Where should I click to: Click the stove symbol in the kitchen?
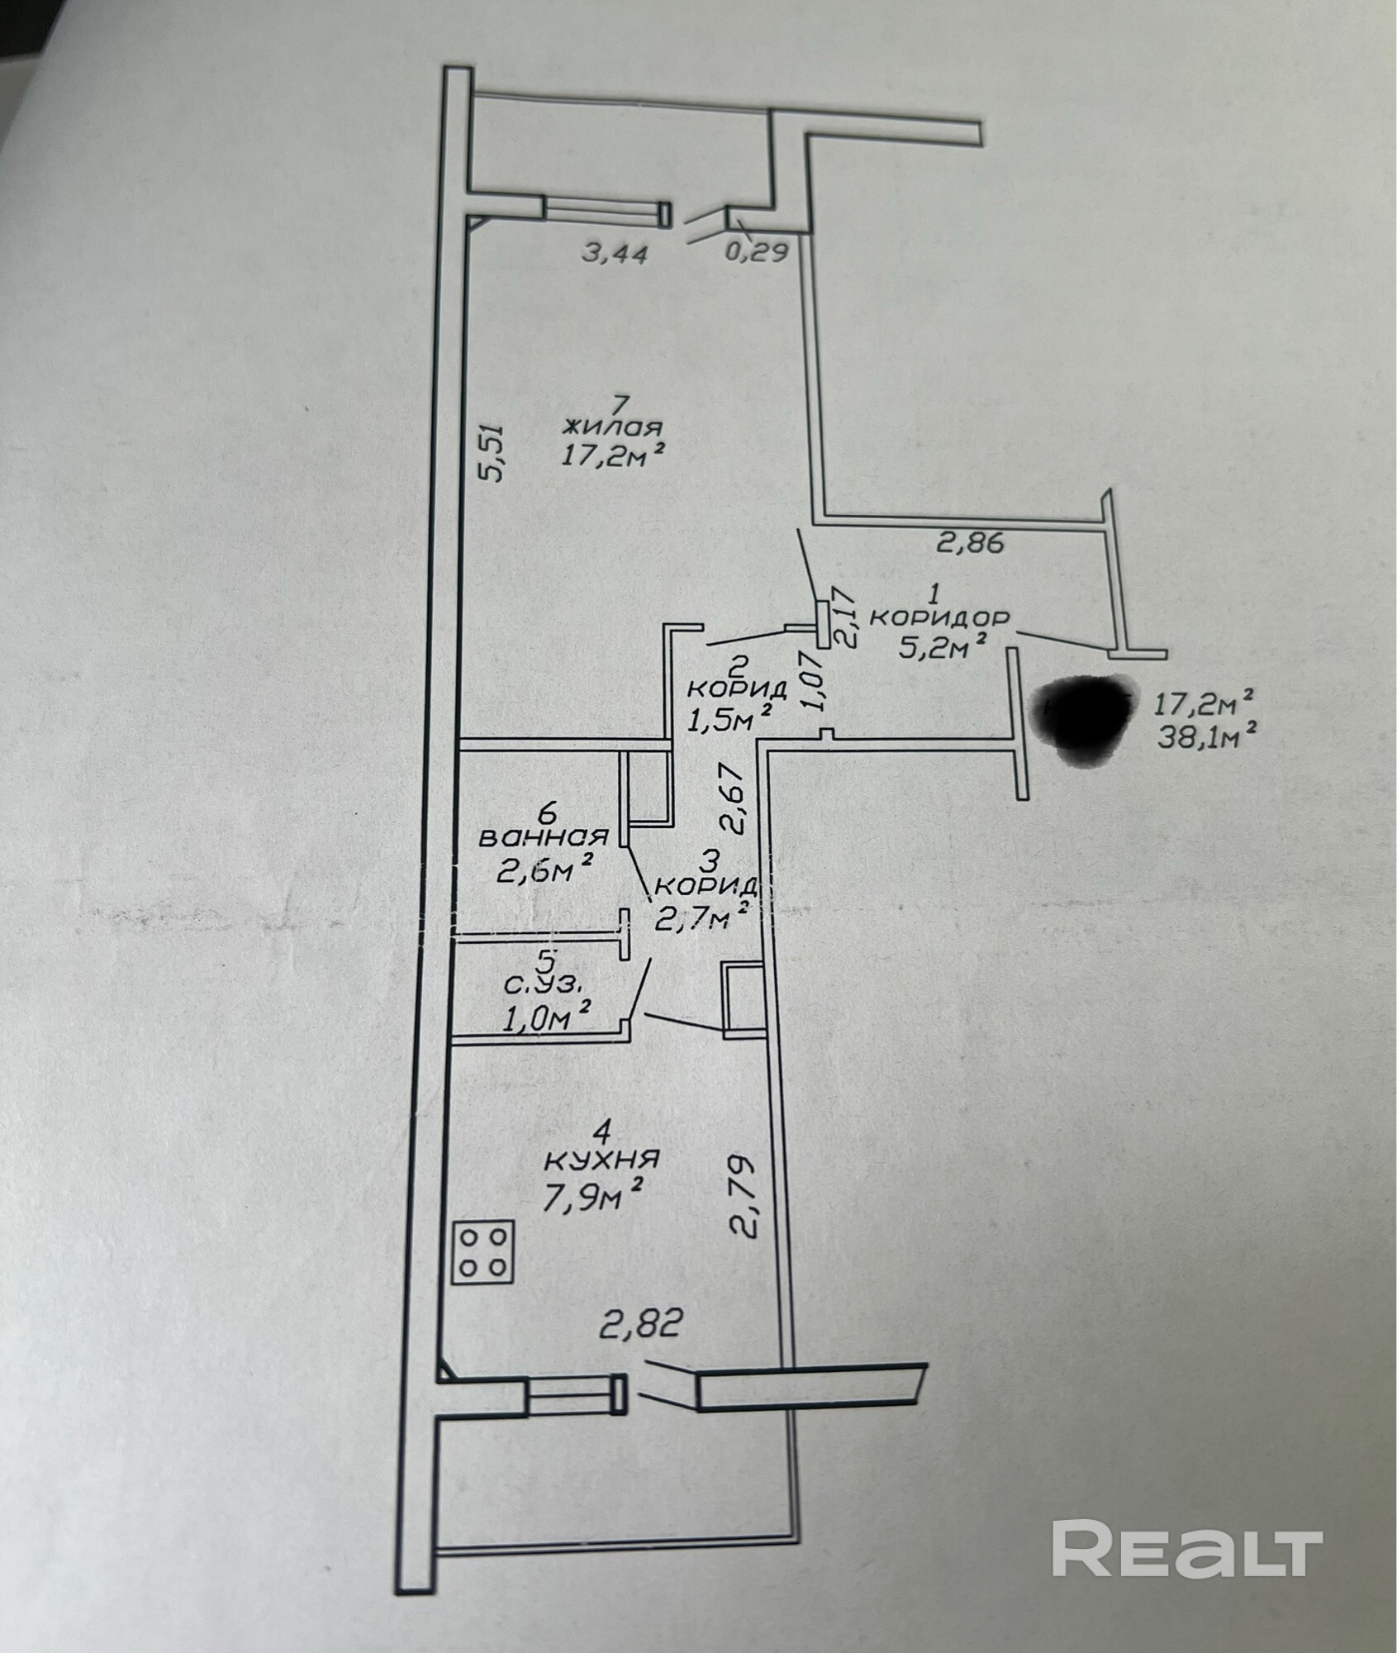pyautogui.click(x=484, y=1252)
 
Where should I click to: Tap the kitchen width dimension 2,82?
pyautogui.click(x=640, y=1325)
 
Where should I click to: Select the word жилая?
pyautogui.click(x=612, y=428)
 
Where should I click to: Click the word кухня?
pyautogui.click(x=601, y=1159)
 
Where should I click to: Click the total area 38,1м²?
pyautogui.click(x=1206, y=735)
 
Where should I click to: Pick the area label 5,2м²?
pyautogui.click(x=944, y=646)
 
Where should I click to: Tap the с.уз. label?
pyautogui.click(x=547, y=985)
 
